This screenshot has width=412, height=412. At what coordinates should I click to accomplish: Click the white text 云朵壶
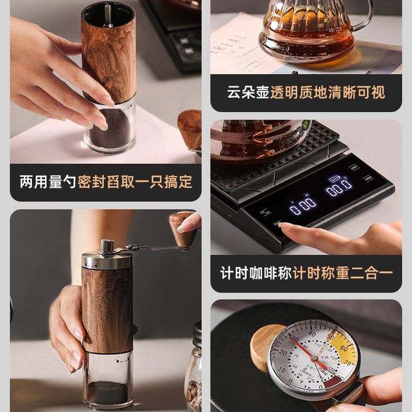pos(248,92)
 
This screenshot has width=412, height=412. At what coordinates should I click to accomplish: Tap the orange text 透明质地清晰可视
pos(327,92)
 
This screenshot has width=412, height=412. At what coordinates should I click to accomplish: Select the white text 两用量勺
pos(48,182)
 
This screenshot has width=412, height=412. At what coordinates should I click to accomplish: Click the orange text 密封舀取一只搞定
pos(135,182)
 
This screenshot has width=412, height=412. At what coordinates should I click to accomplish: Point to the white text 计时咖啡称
pos(255,273)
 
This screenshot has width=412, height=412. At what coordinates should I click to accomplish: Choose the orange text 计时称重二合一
pos(343,273)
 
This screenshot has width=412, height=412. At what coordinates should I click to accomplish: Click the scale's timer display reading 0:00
pos(303,205)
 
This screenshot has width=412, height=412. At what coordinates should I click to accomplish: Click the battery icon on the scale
pos(334,178)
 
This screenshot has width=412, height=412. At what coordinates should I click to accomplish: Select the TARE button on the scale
pos(368,179)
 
